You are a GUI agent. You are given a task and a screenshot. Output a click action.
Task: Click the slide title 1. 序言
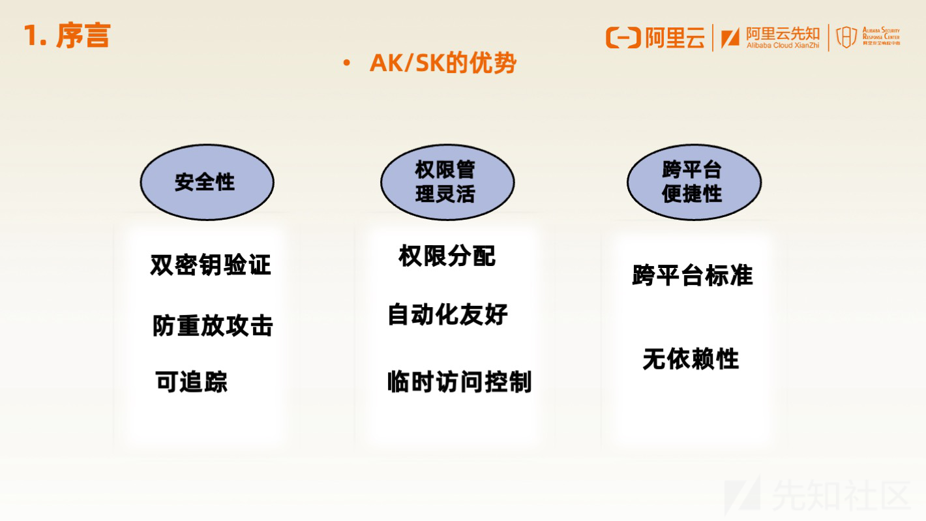[67, 36]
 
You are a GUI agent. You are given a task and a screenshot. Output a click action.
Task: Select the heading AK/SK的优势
[443, 63]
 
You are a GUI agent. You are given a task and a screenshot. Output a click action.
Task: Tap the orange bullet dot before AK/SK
[346, 63]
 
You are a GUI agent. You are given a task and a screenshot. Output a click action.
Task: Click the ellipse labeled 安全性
[207, 183]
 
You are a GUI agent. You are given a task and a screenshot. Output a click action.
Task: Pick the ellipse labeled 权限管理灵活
[447, 183]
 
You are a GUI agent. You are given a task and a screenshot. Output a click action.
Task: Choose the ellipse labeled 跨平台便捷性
[694, 183]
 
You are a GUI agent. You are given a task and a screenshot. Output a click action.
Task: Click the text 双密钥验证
[211, 265]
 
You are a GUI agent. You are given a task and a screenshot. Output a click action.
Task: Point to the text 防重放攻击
[213, 326]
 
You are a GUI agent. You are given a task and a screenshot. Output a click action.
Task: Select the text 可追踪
[192, 381]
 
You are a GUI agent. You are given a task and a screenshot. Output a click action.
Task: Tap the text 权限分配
[447, 256]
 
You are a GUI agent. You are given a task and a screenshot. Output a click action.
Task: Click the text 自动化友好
[448, 314]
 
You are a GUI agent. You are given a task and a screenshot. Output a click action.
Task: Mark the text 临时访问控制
[459, 381]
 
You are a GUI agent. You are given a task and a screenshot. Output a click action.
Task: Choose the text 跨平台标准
[693, 275]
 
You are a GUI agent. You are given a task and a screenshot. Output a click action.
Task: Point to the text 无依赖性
[691, 359]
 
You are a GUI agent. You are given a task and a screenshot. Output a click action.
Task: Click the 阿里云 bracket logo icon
[623, 38]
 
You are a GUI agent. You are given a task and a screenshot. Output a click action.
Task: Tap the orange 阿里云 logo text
[675, 38]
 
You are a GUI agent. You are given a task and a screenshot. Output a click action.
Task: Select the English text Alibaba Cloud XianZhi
[783, 46]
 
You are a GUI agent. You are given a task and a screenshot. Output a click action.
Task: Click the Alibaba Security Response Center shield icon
[846, 37]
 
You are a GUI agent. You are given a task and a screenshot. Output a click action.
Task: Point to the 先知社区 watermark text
[841, 494]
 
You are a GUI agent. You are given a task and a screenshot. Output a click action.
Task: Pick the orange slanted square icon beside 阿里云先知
[730, 38]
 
